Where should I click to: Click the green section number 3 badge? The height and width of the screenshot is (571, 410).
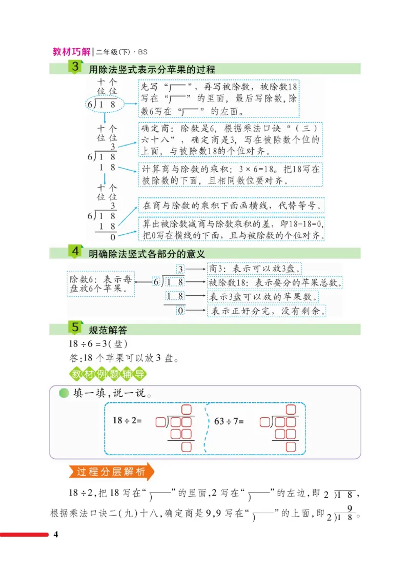pyautogui.click(x=76, y=67)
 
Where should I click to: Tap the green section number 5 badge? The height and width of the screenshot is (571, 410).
pyautogui.click(x=76, y=328)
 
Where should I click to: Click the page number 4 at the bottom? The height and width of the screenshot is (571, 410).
pyautogui.click(x=57, y=536)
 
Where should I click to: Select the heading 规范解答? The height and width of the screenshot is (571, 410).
pyautogui.click(x=108, y=330)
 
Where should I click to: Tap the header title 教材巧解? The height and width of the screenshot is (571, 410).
pyautogui.click(x=71, y=52)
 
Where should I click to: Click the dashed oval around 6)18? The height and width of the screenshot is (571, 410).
pyautogui.click(x=105, y=105)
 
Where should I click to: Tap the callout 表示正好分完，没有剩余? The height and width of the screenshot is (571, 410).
pyautogui.click(x=267, y=310)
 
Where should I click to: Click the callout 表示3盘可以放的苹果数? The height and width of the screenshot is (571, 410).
pyautogui.click(x=263, y=297)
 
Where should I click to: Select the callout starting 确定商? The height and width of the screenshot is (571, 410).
pyautogui.click(x=230, y=138)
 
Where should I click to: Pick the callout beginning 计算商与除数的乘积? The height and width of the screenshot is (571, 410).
pyautogui.click(x=230, y=174)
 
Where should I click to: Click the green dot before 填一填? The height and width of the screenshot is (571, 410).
pyautogui.click(x=64, y=394)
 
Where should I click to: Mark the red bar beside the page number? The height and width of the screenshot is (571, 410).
pyautogui.click(x=24, y=536)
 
